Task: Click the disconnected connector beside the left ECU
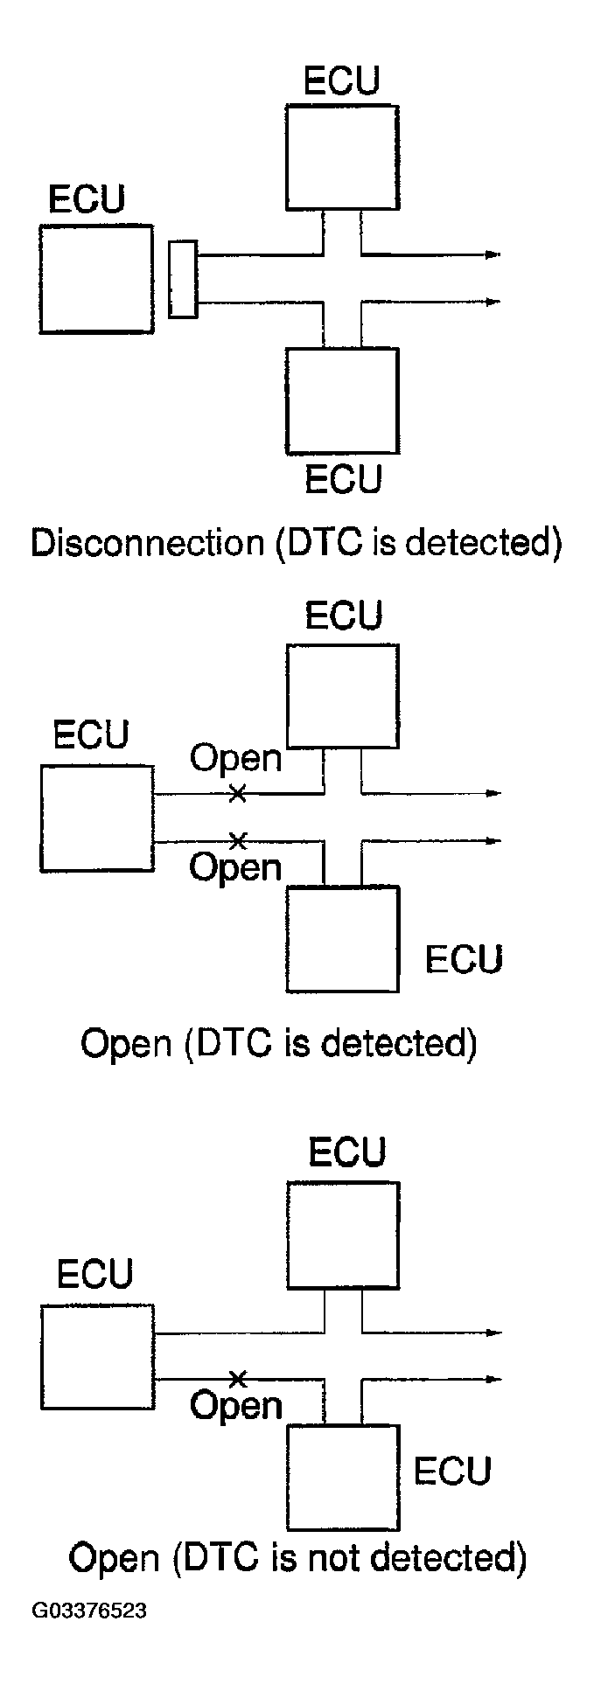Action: click(x=183, y=279)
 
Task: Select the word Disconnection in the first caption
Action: click(x=147, y=543)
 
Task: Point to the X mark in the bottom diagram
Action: click(x=236, y=1379)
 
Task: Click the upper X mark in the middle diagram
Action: click(x=236, y=794)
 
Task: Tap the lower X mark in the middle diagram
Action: click(x=236, y=841)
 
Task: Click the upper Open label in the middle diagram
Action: click(x=236, y=758)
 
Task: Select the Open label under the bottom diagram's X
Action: click(x=236, y=1406)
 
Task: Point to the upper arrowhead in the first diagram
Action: click(x=493, y=254)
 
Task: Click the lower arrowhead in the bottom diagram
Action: click(x=493, y=1380)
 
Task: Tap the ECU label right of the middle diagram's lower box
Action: click(x=464, y=959)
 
